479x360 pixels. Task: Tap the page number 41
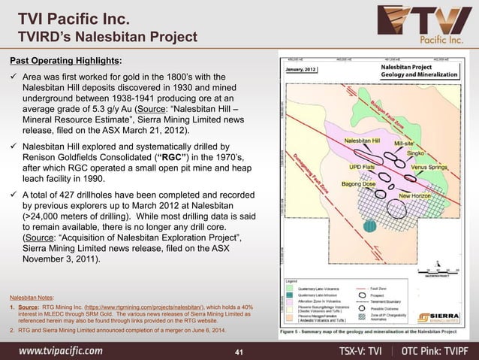pos(239,352)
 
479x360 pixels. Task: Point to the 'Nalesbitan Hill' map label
pos(363,141)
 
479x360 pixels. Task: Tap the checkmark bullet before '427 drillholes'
pos(13,193)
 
